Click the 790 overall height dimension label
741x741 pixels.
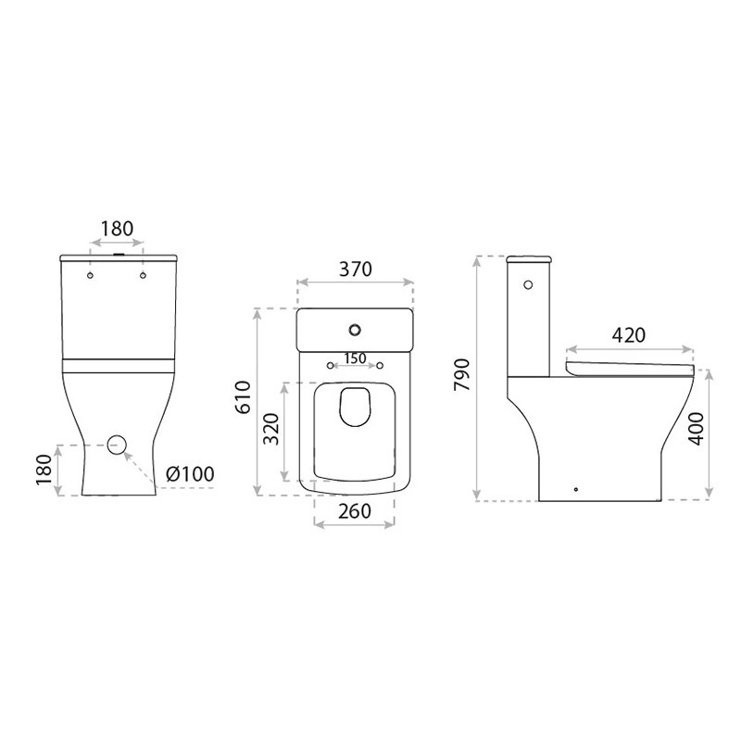point(461,374)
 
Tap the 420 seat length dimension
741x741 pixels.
point(629,335)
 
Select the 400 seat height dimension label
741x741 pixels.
point(697,429)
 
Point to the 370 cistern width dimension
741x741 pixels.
point(356,269)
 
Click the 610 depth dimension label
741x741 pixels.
point(244,397)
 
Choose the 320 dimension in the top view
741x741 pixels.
point(271,429)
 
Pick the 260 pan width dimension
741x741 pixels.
point(355,511)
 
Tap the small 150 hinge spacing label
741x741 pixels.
point(356,358)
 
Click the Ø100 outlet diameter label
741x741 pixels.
point(190,473)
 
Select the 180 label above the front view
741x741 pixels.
point(118,229)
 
